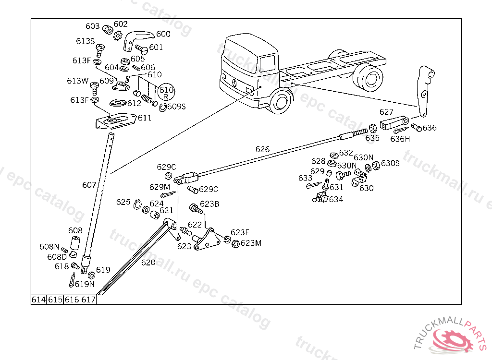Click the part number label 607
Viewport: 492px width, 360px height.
pyautogui.click(x=89, y=184)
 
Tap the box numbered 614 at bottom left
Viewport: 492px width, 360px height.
pyautogui.click(x=38, y=300)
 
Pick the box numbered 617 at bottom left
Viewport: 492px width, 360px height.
pyautogui.click(x=88, y=300)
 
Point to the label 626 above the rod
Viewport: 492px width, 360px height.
pyautogui.click(x=262, y=149)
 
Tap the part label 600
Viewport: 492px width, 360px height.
pyautogui.click(x=163, y=34)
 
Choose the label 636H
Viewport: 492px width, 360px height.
pyautogui.click(x=400, y=139)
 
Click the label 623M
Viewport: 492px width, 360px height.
pyautogui.click(x=251, y=243)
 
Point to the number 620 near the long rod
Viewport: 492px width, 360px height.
pyautogui.click(x=148, y=263)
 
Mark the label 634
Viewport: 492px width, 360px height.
pyautogui.click(x=336, y=199)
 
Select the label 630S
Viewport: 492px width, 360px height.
pyautogui.click(x=390, y=163)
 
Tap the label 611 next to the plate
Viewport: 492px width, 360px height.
pyautogui.click(x=145, y=118)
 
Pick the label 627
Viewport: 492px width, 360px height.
pyautogui.click(x=386, y=112)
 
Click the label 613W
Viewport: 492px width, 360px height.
pyautogui.click(x=77, y=81)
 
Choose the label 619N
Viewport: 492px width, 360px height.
pyautogui.click(x=85, y=284)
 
